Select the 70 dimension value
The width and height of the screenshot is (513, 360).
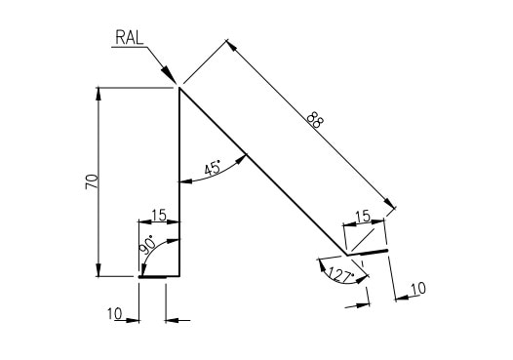(91, 181)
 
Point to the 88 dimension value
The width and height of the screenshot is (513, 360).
(314, 121)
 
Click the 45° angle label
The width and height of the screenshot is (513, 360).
(212, 167)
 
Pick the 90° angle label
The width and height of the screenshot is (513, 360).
(147, 244)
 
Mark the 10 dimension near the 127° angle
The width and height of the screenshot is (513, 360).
(417, 289)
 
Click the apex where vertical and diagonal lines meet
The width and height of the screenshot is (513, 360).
(179, 89)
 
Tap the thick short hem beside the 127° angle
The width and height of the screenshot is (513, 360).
(372, 252)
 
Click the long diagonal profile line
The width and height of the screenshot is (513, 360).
(263, 171)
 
